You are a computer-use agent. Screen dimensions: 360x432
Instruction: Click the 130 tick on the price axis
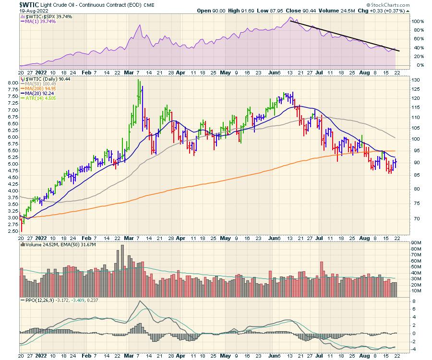[417, 80]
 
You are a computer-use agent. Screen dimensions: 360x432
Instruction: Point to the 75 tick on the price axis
[416, 204]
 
